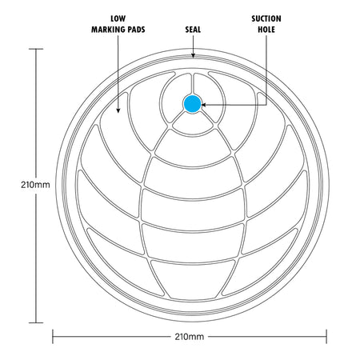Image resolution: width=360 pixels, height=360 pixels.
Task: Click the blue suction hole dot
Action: pyautogui.click(x=192, y=104)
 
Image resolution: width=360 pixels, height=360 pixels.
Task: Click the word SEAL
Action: pyautogui.click(x=193, y=30)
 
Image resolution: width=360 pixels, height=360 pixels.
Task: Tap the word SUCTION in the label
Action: pyautogui.click(x=266, y=18)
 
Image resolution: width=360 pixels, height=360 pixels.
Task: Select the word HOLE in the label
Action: pyautogui.click(x=266, y=30)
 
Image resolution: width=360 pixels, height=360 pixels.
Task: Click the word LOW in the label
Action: pyautogui.click(x=118, y=18)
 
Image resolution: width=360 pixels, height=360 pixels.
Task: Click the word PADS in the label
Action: pyautogui.click(x=134, y=30)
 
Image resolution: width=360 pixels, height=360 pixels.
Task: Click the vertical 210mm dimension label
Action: pyautogui.click(x=35, y=185)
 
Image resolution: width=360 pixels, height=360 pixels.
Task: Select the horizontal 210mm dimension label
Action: pyautogui.click(x=190, y=337)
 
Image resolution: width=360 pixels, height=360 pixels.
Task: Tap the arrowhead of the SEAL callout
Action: pyautogui.click(x=193, y=55)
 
